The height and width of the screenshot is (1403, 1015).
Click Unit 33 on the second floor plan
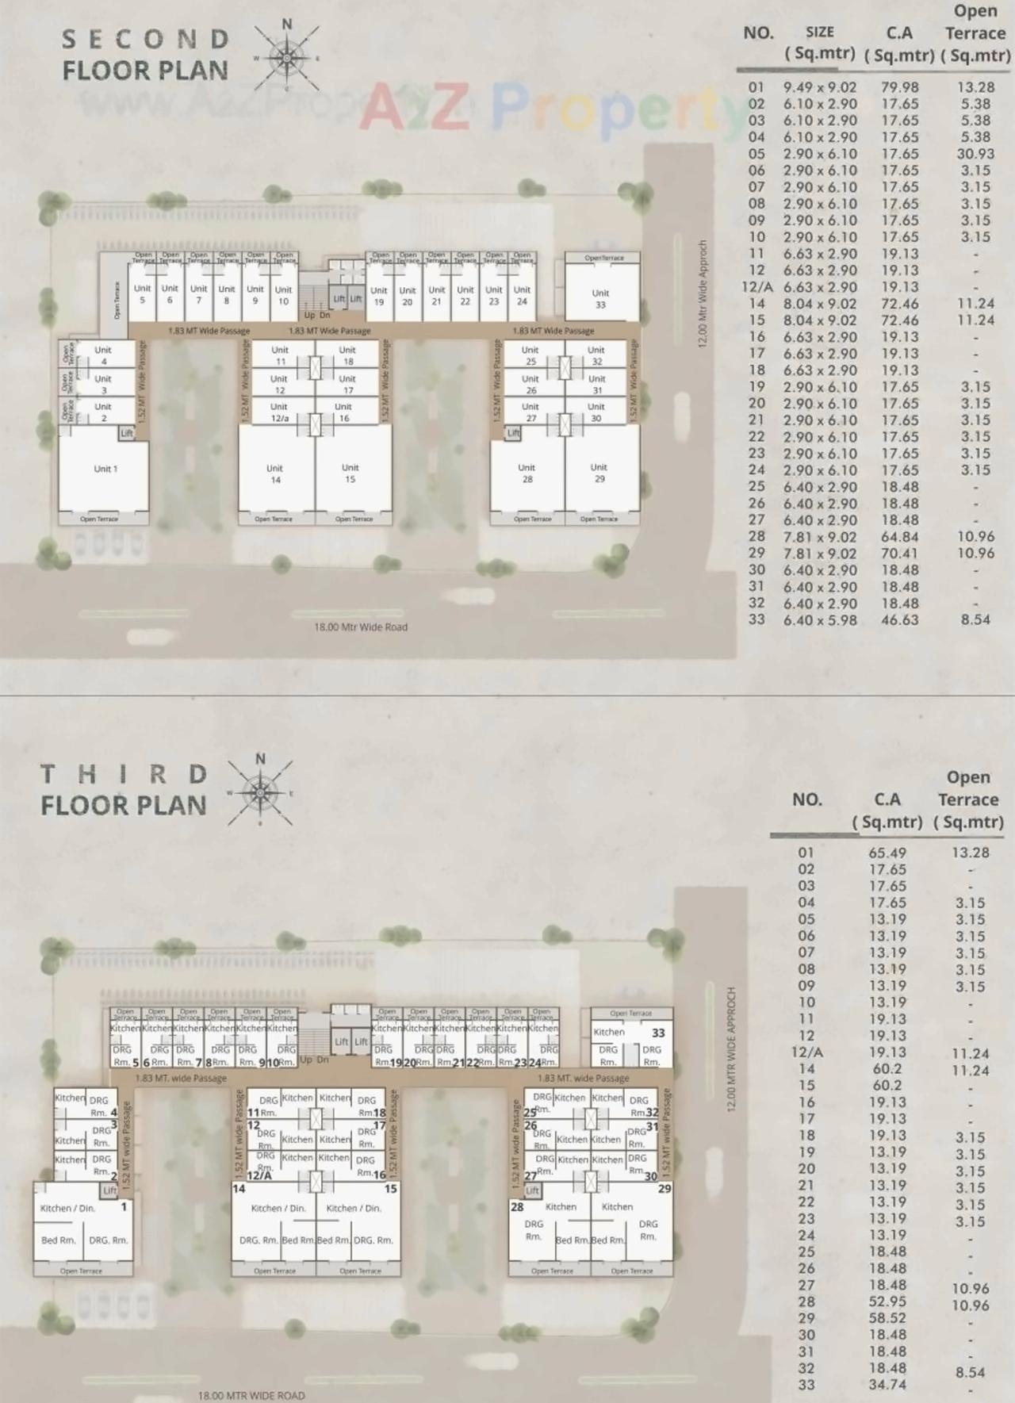click(600, 298)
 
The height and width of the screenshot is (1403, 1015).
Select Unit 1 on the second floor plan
click(105, 469)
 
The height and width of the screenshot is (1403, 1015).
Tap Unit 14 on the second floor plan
click(275, 473)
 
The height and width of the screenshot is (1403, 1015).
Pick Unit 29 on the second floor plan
click(599, 473)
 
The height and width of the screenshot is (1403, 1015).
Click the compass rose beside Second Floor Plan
click(285, 56)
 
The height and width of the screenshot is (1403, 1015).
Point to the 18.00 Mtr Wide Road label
click(361, 627)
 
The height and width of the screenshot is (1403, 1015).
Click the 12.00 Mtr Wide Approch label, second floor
click(702, 294)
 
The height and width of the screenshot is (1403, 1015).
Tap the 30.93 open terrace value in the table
click(975, 154)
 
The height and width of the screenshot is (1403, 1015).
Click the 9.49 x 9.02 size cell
click(820, 87)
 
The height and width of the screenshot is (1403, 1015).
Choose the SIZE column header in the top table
click(820, 33)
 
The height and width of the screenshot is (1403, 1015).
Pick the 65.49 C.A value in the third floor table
click(887, 853)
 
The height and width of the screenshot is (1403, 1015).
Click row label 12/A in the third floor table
click(806, 1052)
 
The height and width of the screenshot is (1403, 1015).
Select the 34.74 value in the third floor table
click(887, 1385)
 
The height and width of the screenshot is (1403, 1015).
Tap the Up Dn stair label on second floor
click(317, 315)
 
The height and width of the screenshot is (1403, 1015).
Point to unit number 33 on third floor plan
click(658, 1033)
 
